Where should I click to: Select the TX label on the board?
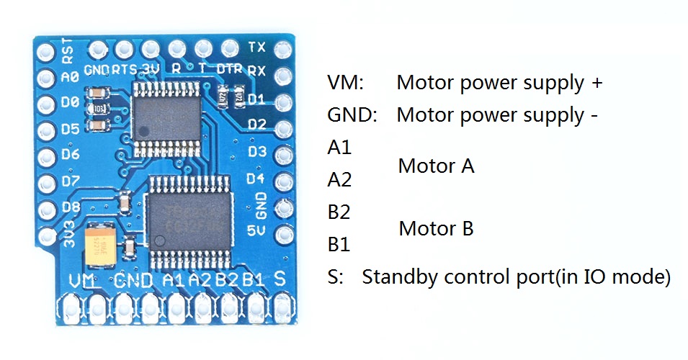256,48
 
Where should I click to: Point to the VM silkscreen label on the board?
84,281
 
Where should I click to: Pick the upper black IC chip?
164,113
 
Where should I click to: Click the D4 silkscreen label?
257,178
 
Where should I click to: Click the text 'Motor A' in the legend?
436,167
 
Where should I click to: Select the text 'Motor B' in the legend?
436,230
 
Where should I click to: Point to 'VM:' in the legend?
345,82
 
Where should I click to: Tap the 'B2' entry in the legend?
339,212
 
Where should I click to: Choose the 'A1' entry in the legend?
339,148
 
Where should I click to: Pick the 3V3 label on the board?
71,236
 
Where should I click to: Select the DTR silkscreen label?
229,69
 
